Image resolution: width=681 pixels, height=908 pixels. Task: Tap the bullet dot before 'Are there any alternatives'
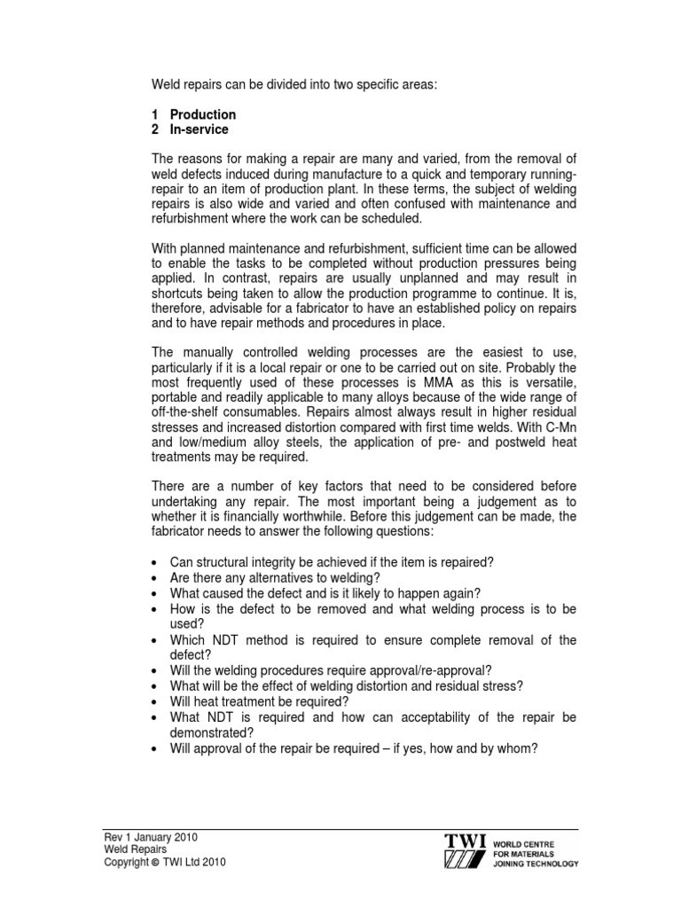tap(155, 578)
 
